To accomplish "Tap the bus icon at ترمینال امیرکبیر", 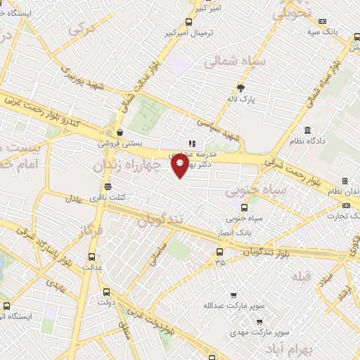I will point(188,22).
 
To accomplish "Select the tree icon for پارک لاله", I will point(240,89).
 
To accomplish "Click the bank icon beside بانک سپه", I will point(323,22).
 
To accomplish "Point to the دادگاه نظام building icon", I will point(308,130).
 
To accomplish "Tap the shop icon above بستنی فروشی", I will point(120,131).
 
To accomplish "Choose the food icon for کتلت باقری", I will point(108,186).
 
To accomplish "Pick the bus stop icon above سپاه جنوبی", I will point(244,207).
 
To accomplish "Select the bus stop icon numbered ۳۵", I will point(220,252).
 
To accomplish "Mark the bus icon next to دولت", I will point(106,292).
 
